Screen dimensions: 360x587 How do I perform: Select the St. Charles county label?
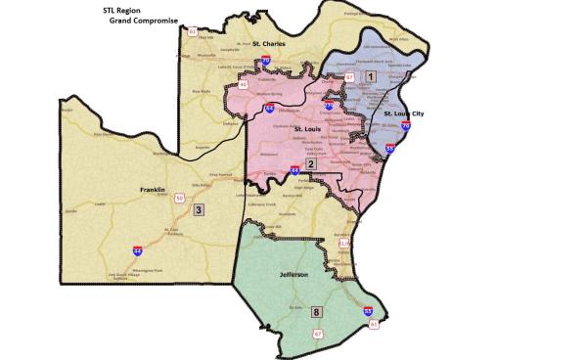[x=268, y=43]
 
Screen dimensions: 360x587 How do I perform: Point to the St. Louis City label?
[x=403, y=113]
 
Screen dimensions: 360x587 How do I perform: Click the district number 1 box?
[x=370, y=75]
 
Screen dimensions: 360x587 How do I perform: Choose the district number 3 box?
[x=199, y=209]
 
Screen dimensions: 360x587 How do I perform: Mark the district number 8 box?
[x=315, y=312]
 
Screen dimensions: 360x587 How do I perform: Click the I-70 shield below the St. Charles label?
[x=265, y=61]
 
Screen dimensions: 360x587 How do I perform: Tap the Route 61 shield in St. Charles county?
[x=193, y=32]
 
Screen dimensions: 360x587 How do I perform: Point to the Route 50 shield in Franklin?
[x=179, y=198]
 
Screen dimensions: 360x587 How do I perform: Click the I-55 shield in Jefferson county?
[x=367, y=310]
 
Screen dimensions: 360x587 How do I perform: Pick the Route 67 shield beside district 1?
[x=349, y=75]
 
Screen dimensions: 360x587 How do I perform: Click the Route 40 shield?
[x=244, y=84]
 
